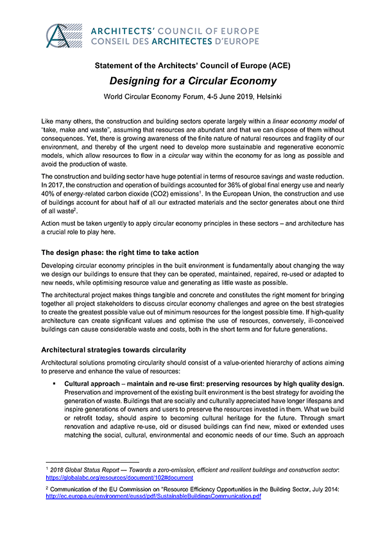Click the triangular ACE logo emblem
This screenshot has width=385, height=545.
pos(67,35)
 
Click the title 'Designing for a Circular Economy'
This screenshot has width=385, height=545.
pos(193,81)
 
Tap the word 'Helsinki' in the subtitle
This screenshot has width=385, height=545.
pos(265,96)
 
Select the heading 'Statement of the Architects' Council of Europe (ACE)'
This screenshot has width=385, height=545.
pos(193,66)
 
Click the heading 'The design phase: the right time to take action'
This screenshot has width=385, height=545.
pos(129,252)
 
